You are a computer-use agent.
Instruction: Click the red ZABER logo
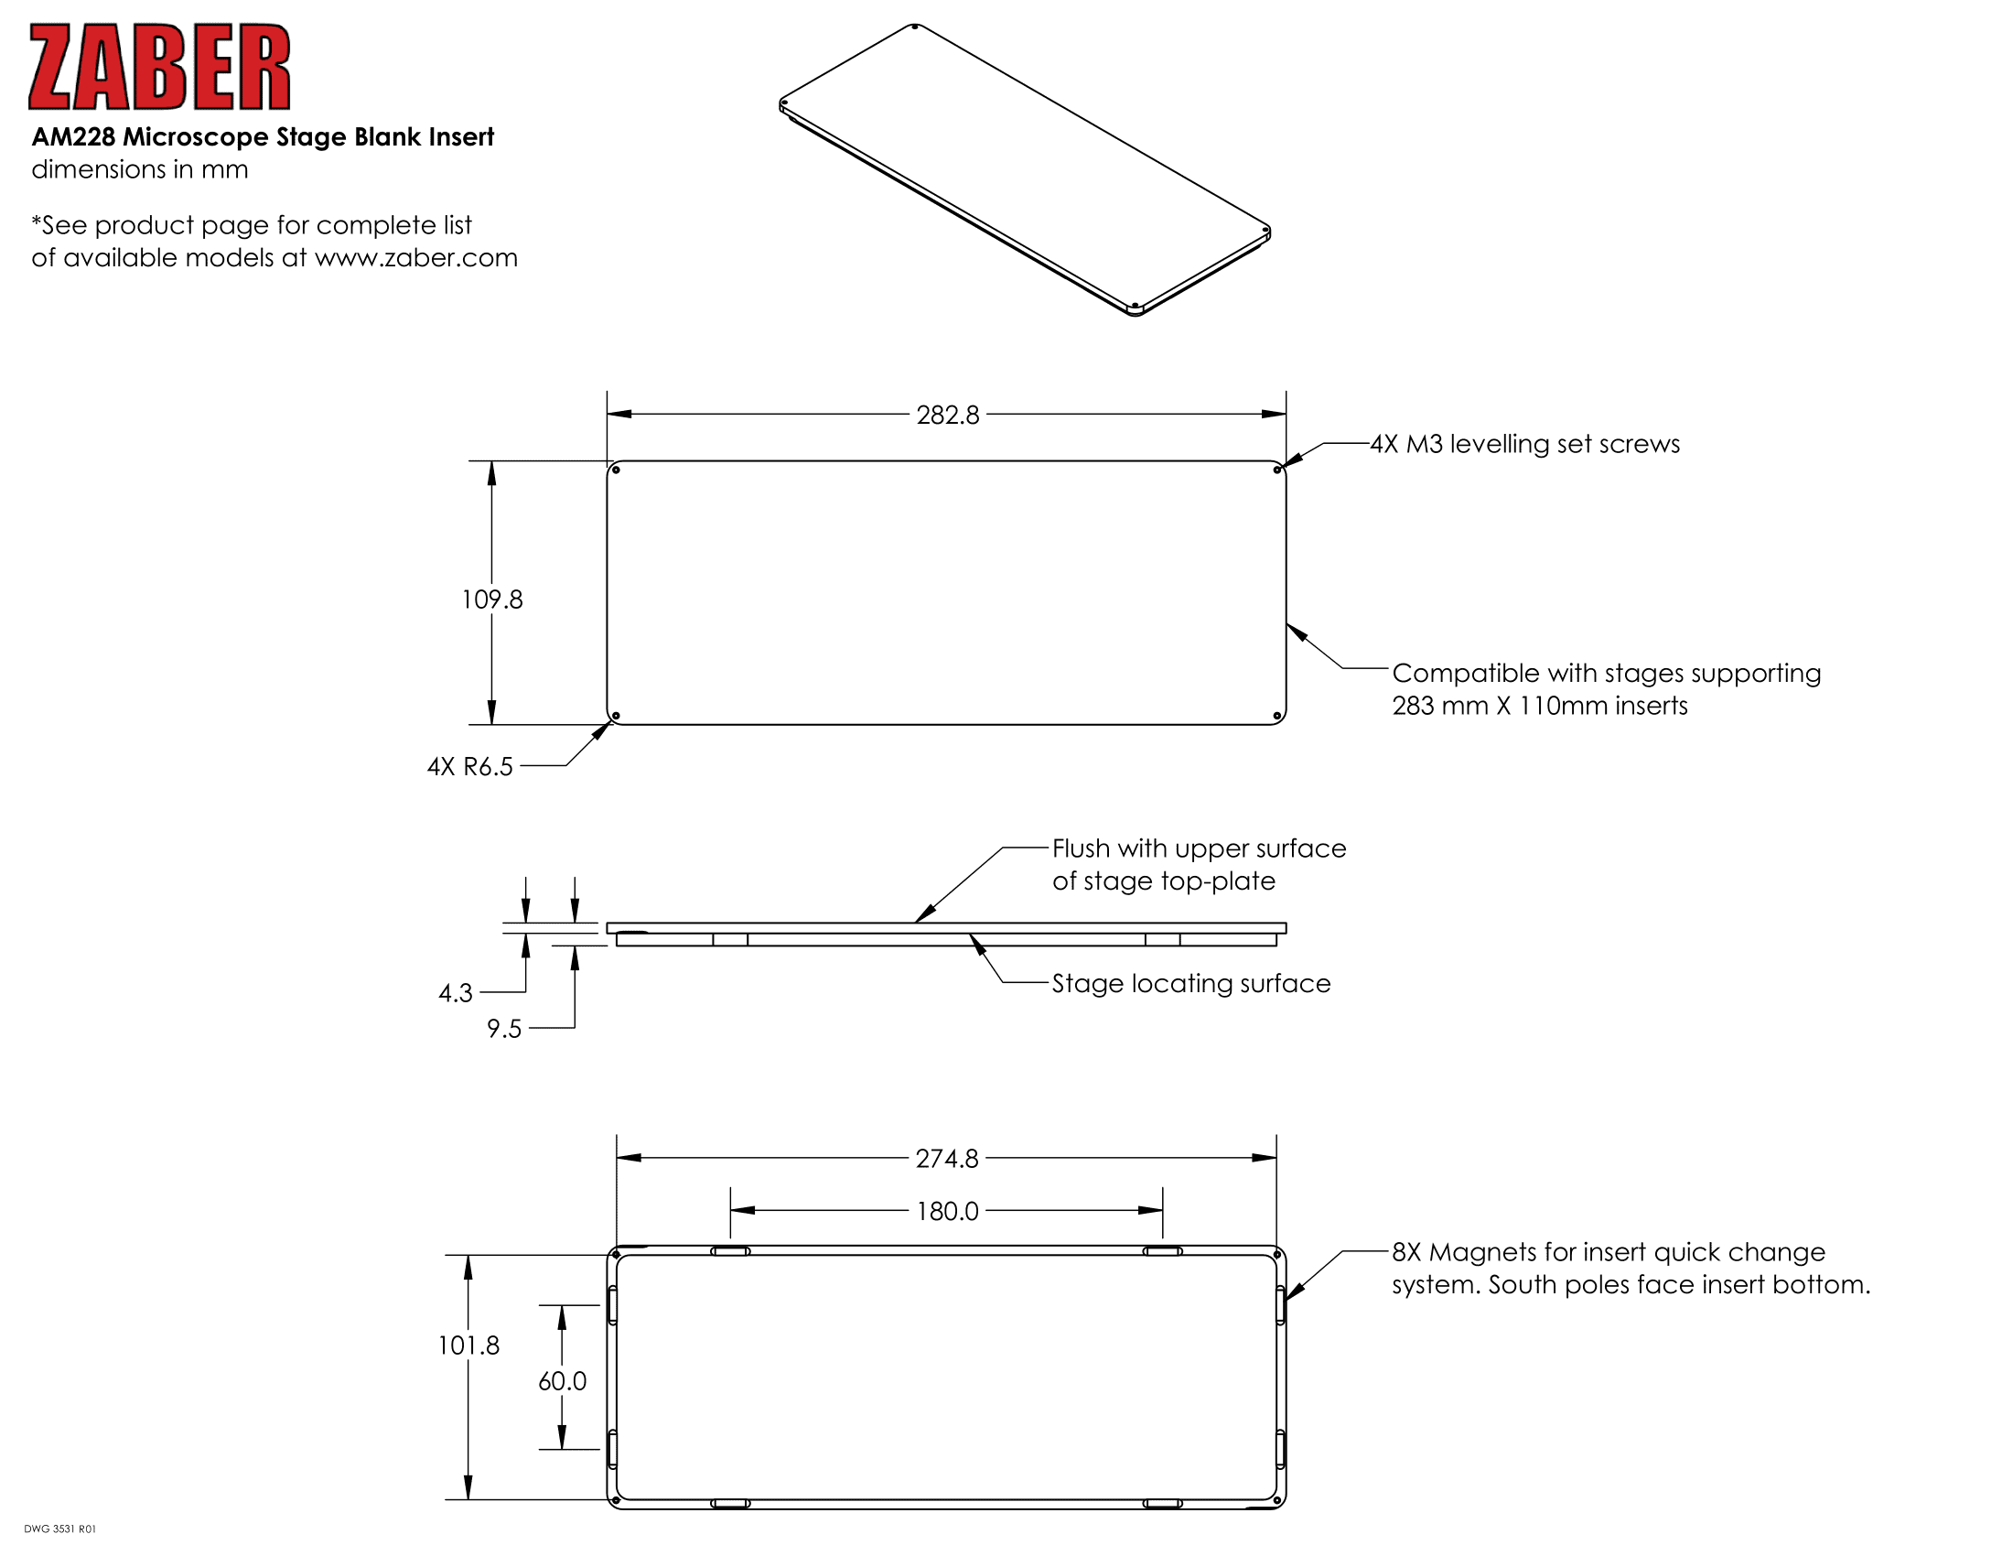(159, 67)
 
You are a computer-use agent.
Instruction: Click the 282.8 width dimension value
(948, 415)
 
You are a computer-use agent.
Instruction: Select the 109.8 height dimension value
(491, 600)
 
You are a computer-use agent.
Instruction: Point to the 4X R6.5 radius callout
(469, 767)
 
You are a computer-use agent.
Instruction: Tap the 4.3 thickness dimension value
(456, 993)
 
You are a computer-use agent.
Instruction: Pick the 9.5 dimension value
(504, 1029)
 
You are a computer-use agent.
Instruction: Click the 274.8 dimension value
(947, 1158)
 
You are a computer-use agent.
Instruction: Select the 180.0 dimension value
(947, 1211)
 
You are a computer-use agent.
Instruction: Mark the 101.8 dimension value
(468, 1345)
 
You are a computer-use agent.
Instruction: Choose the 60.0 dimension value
(562, 1381)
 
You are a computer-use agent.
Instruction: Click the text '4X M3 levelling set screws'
(1524, 444)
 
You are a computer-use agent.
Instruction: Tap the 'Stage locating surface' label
(1190, 984)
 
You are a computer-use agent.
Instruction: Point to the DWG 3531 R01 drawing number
(59, 1529)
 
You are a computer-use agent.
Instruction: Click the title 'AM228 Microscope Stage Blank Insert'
(263, 137)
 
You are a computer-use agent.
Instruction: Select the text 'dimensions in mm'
(140, 169)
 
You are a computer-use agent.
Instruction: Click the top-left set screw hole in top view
(617, 470)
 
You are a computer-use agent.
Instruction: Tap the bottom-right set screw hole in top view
(1276, 717)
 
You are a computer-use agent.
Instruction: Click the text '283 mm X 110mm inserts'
(1539, 706)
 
